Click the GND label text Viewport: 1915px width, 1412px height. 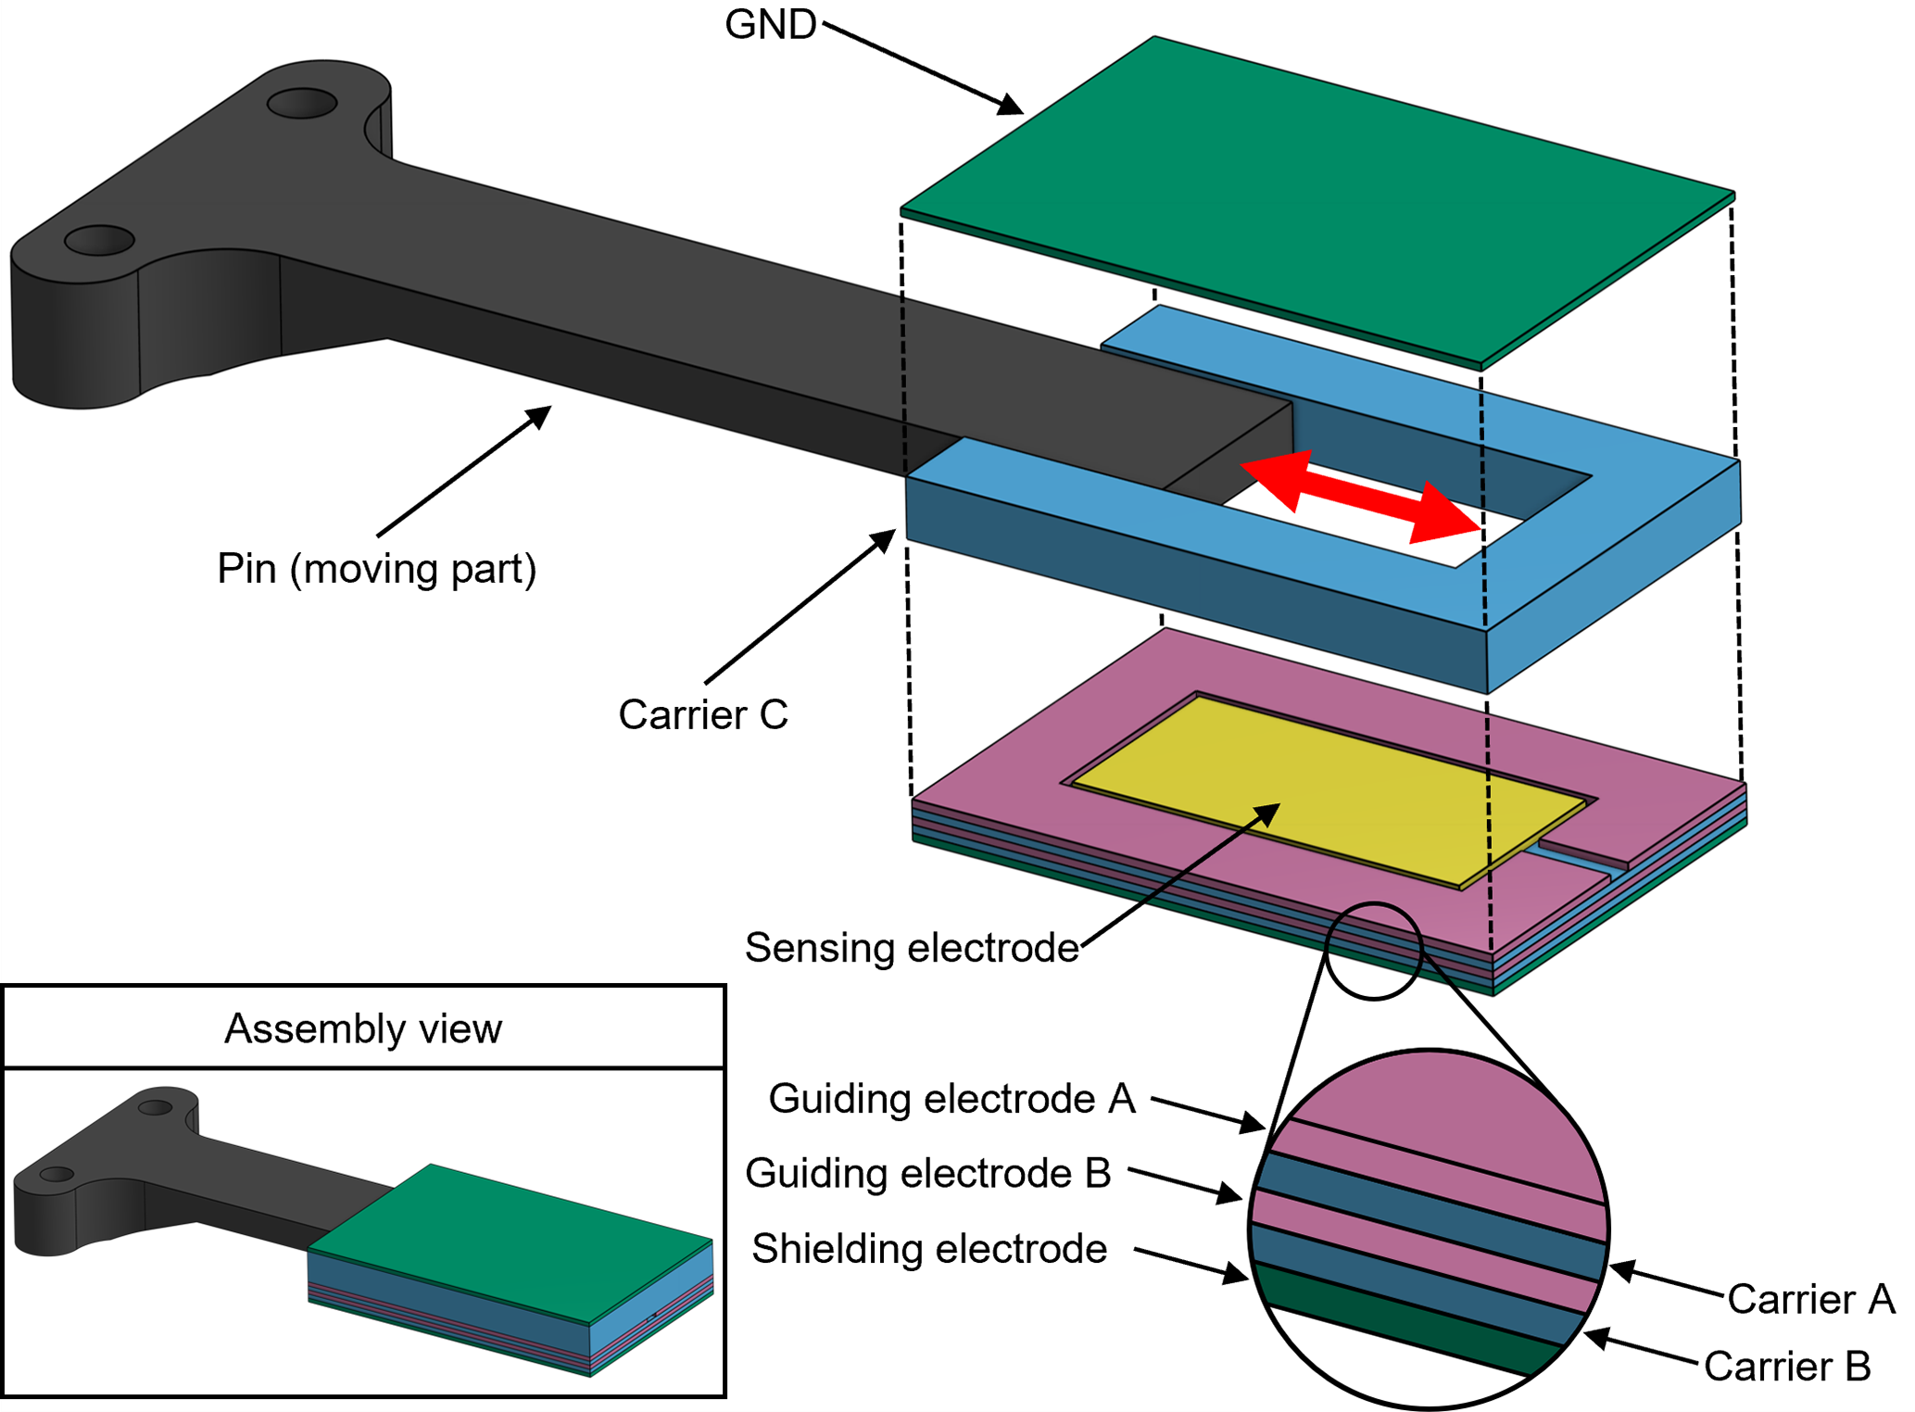pos(770,25)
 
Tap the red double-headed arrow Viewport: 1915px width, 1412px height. pos(1360,497)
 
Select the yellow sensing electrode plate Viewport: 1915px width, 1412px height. pos(1325,788)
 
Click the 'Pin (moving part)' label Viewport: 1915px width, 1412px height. pos(376,569)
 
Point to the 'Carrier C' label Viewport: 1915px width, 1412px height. pos(703,715)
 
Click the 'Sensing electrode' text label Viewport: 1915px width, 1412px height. pos(912,948)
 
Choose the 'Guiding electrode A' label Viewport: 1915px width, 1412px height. pos(951,1099)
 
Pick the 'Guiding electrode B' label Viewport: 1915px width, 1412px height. pos(927,1173)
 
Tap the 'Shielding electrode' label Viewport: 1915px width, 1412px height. pos(928,1249)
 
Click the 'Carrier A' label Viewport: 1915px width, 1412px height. pos(1810,1299)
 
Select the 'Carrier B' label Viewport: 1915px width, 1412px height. pos(1787,1367)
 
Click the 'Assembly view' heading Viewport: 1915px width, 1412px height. pos(363,1029)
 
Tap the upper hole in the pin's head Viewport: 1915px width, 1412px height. pos(302,103)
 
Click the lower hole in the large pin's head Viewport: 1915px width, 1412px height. pos(99,241)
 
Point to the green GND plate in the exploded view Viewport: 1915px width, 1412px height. pos(1316,195)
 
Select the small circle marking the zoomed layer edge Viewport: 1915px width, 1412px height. pos(1373,951)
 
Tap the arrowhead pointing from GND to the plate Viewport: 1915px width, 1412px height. pos(1010,106)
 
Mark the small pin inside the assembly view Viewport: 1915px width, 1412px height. pos(167,1177)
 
